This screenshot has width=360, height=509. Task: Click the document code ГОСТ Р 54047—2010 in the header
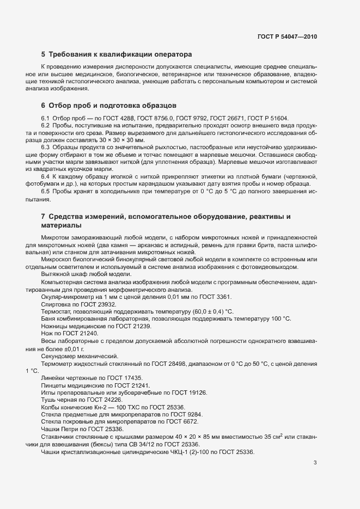click(x=287, y=36)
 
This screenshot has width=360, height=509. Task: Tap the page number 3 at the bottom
click(x=315, y=463)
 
